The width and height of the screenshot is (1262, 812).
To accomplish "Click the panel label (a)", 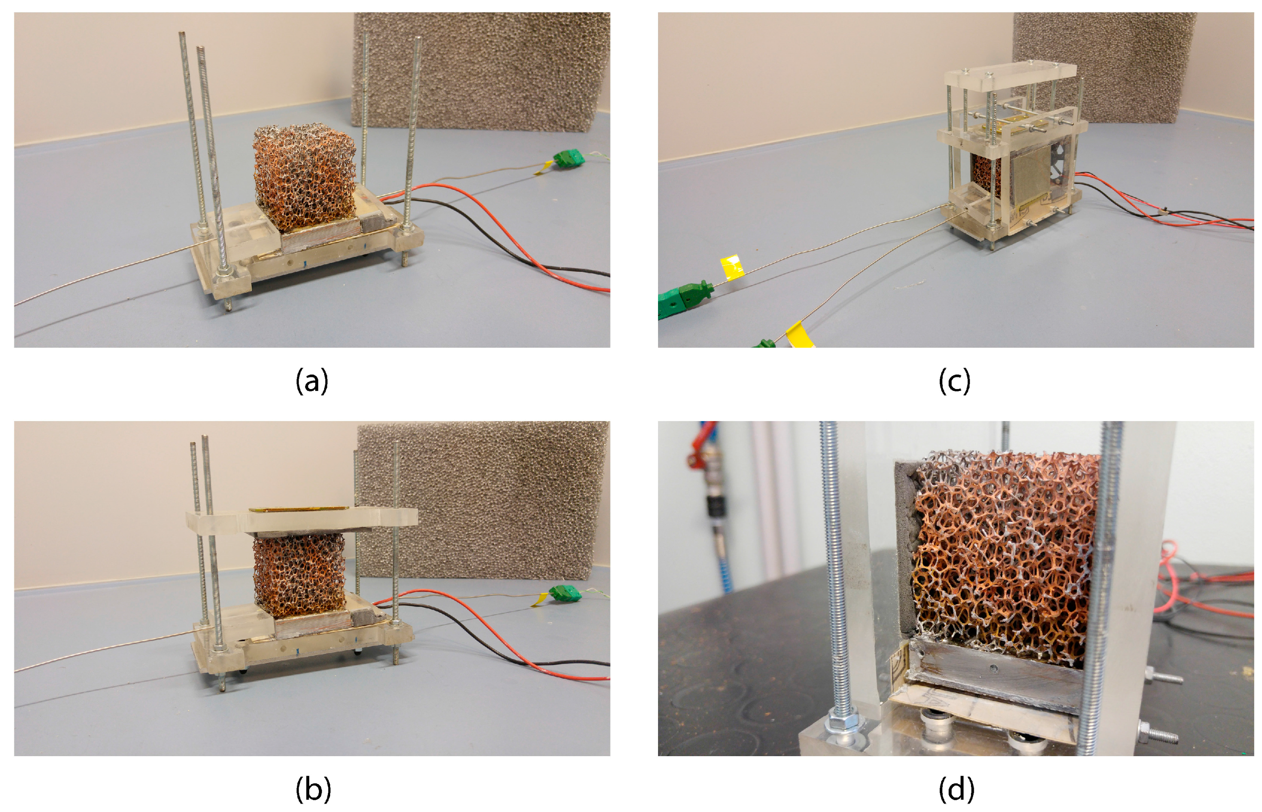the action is (x=312, y=381).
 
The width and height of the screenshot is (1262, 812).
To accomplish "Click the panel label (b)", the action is (x=313, y=789).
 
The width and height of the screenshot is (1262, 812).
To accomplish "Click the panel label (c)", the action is (x=954, y=381).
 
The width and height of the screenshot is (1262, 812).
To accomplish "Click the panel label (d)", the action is (x=956, y=789).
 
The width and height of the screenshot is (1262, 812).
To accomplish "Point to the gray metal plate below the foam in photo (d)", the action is (x=992, y=672).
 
